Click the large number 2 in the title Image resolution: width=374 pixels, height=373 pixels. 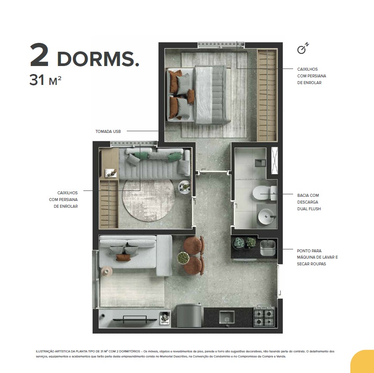click(x=39, y=55)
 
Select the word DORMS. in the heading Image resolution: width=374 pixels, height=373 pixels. click(x=98, y=59)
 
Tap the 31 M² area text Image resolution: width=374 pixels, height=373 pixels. click(x=45, y=80)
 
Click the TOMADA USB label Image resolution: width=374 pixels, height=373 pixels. click(x=108, y=131)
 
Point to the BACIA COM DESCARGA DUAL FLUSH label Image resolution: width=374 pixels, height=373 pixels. click(x=309, y=202)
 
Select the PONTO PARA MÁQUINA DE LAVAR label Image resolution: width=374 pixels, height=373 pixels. click(x=317, y=257)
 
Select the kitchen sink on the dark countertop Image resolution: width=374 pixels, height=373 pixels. click(x=227, y=318)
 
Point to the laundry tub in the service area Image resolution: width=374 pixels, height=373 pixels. click(x=267, y=248)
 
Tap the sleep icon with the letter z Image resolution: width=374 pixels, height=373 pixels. click(x=303, y=48)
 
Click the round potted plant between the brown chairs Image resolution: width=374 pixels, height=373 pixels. click(x=183, y=258)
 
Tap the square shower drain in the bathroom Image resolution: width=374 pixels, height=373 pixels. click(x=260, y=163)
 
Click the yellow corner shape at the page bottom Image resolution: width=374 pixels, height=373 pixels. click(x=363, y=362)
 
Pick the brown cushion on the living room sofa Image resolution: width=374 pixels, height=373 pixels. click(x=123, y=257)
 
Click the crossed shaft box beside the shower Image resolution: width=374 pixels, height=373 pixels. click(x=275, y=161)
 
